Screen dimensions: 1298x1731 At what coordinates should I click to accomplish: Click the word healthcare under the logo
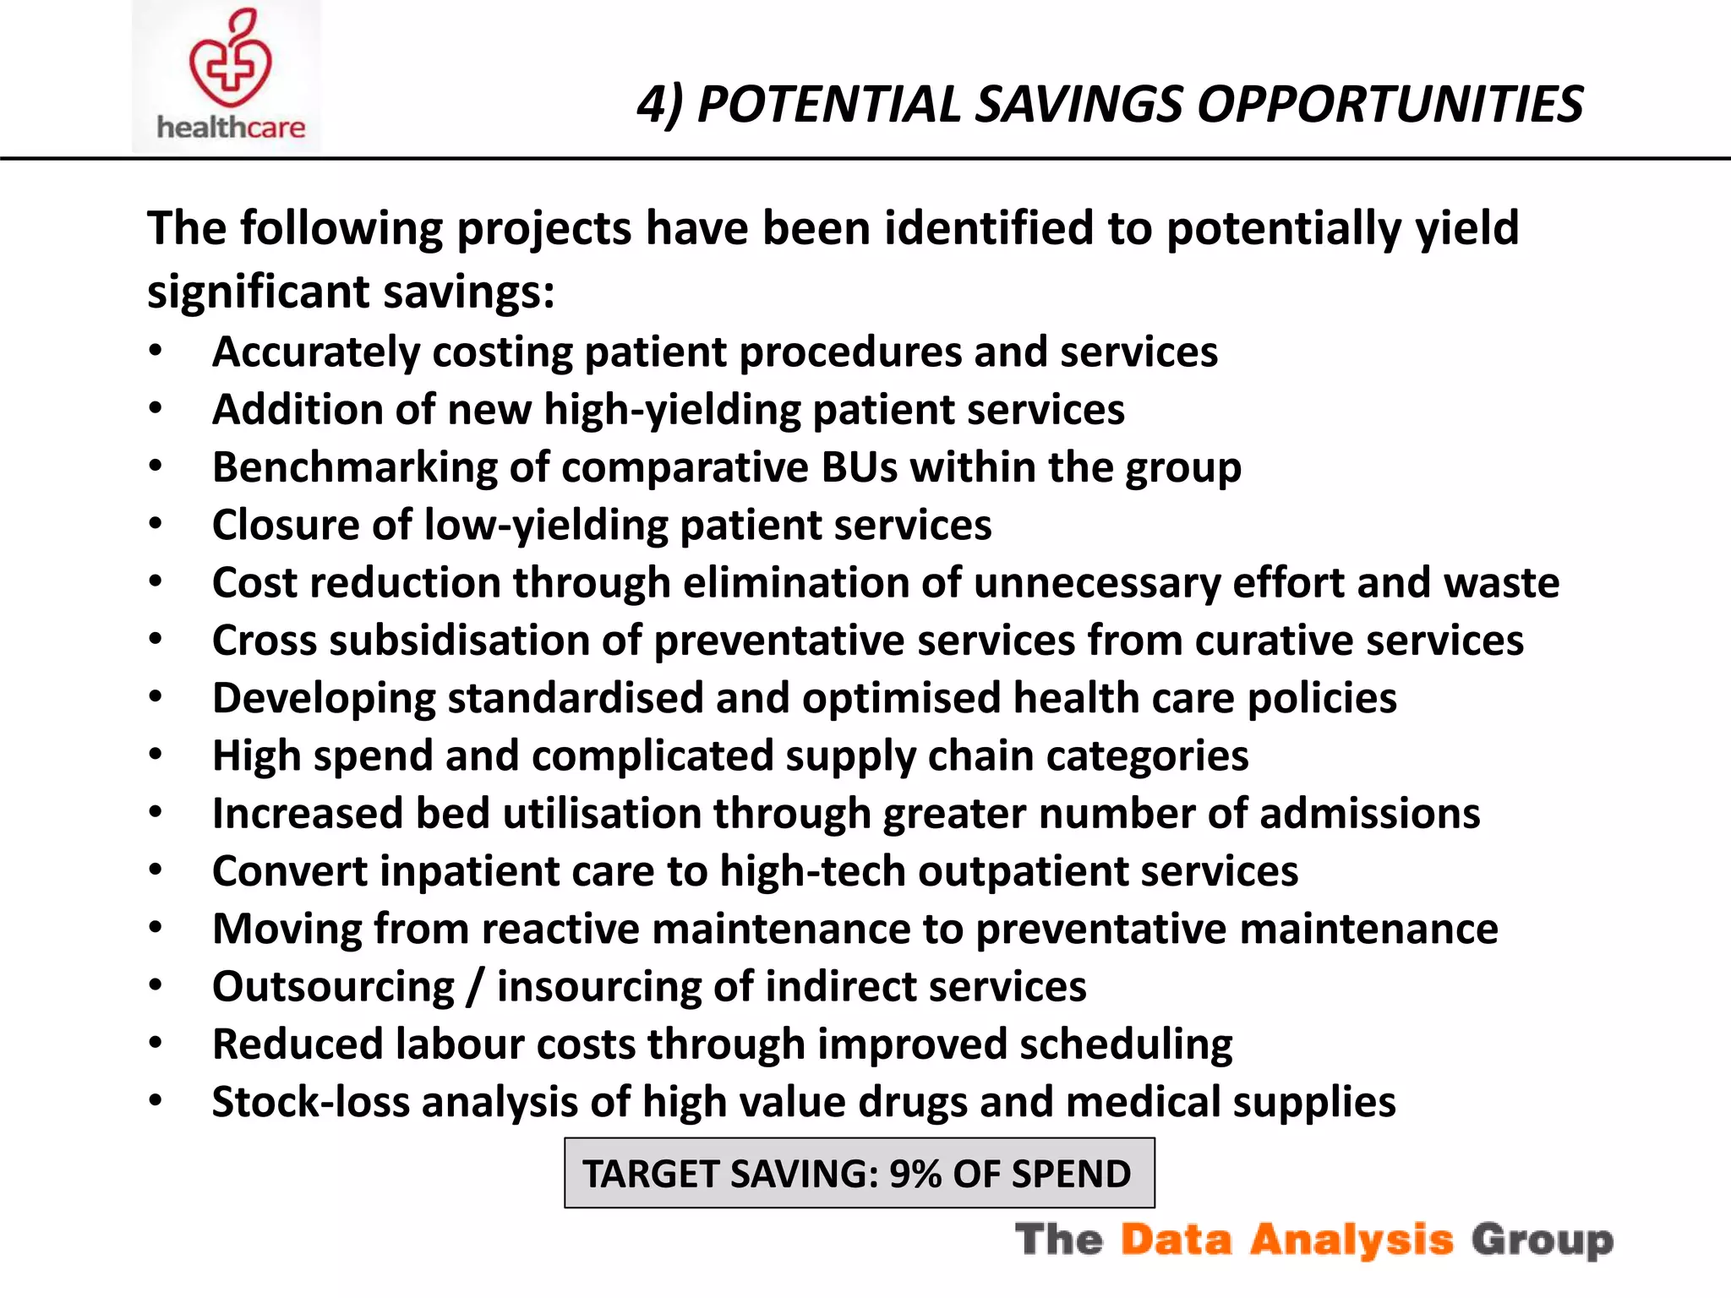pos(231,128)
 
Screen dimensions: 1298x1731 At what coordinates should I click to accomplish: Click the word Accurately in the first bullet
pos(315,352)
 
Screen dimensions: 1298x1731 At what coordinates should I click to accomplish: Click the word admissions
pos(1369,814)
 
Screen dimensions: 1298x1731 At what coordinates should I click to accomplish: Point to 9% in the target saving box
pos(915,1175)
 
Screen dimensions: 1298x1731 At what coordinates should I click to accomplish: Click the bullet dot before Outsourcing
pos(156,985)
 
